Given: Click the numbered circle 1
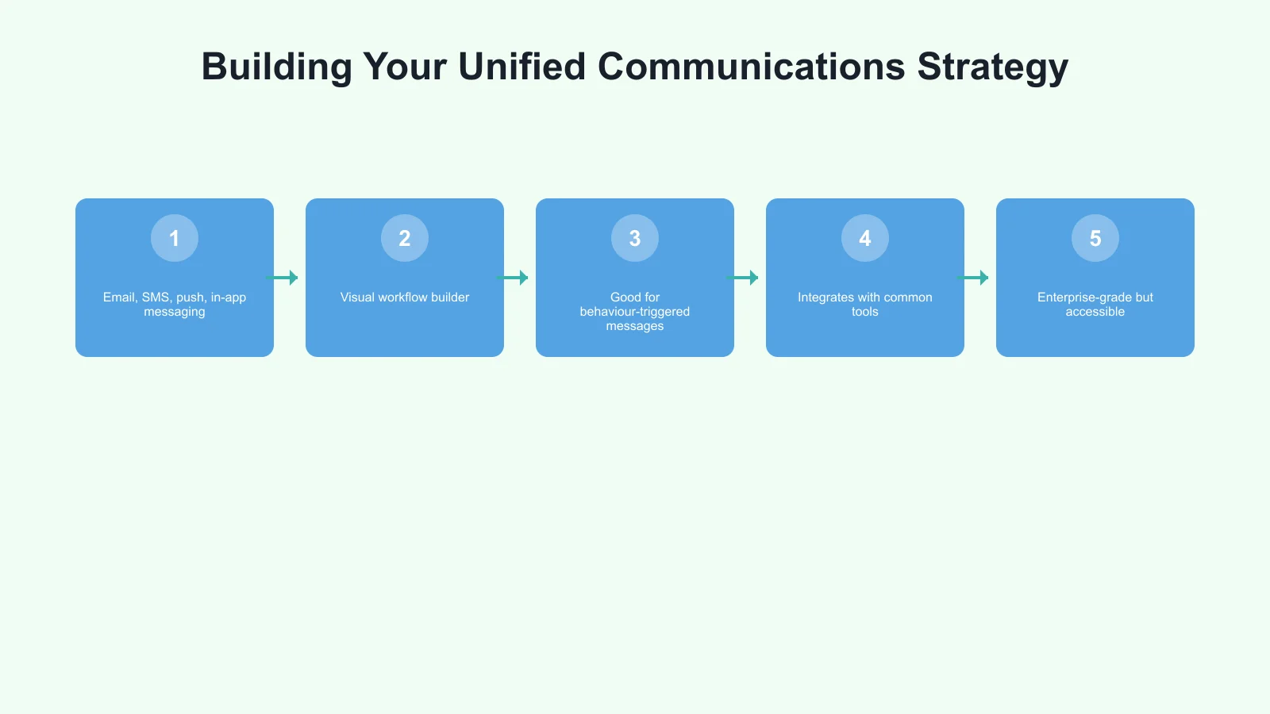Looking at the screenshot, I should click(175, 238).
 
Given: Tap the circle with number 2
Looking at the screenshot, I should click(405, 238).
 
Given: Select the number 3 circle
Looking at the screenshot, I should click(635, 238).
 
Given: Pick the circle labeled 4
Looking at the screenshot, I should click(865, 238).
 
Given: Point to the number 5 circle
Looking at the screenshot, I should click(1095, 238).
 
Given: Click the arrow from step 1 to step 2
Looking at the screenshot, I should click(283, 278).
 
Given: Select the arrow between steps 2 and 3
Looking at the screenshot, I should click(513, 278).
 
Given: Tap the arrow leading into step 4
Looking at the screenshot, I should click(743, 278).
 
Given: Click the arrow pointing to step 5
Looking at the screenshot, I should click(973, 278).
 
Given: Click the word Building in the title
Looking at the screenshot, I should click(276, 67).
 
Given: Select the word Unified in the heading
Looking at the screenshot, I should click(521, 67).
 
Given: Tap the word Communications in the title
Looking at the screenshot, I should click(751, 67).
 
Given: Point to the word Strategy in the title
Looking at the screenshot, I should click(992, 67).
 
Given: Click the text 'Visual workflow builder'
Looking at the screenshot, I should click(405, 297).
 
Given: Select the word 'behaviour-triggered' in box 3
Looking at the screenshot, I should click(635, 312).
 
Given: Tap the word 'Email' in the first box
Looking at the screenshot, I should click(119, 297).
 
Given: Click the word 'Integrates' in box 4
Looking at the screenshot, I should click(825, 297).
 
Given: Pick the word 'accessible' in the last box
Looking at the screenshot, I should click(1095, 312).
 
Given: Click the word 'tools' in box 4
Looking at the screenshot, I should click(865, 312).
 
